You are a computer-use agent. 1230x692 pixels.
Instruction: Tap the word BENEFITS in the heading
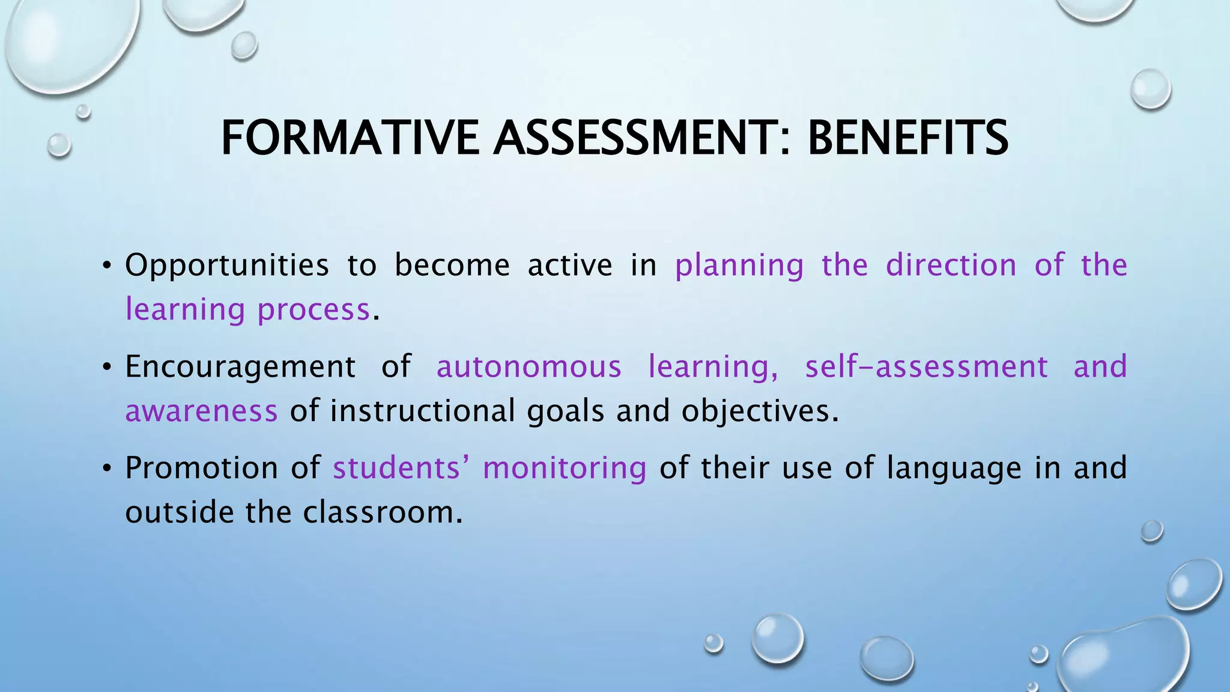(x=907, y=138)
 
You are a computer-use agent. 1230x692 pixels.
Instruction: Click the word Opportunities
(x=227, y=265)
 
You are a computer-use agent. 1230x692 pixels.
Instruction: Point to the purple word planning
(x=739, y=266)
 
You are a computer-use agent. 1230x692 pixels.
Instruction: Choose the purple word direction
(x=951, y=265)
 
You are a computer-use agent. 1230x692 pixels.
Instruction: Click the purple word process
(x=314, y=310)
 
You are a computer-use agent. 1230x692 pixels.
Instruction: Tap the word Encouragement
(x=240, y=367)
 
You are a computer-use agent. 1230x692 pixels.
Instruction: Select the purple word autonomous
(x=529, y=366)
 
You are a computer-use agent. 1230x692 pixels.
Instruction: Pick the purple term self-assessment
(x=926, y=366)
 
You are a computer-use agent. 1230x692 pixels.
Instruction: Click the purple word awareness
(x=201, y=411)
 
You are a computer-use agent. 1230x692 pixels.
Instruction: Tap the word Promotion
(x=202, y=468)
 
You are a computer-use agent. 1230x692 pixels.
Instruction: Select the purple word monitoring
(x=565, y=469)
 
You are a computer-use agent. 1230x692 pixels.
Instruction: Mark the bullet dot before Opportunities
(x=107, y=266)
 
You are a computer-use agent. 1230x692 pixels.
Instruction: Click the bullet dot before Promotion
(x=107, y=469)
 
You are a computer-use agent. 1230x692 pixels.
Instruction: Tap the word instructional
(x=422, y=411)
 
